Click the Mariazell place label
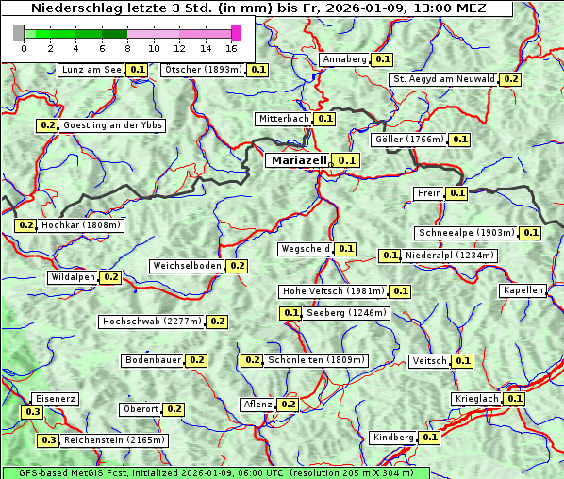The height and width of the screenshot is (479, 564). pos(299,160)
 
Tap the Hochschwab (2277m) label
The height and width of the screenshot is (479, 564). pos(151,322)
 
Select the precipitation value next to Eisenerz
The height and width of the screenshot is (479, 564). pos(32,412)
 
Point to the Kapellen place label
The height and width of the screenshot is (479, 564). pos(523,290)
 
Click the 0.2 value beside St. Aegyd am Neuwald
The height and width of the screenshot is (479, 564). pos(510,79)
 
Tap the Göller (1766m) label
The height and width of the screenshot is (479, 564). pos(408,140)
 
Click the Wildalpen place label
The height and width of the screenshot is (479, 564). pos(74,277)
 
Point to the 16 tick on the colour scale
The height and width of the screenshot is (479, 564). pos(231,48)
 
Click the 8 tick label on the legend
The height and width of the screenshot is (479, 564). pos(126,48)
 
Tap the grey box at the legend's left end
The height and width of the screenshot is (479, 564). pos(19,33)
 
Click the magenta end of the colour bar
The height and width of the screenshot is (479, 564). pos(236,33)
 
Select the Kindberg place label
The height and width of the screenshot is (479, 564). pos(393,438)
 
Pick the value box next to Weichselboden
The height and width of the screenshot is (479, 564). pos(237,266)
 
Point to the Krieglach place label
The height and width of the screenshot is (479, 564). pos(476,399)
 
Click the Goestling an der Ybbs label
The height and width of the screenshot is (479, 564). pos(113,125)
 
